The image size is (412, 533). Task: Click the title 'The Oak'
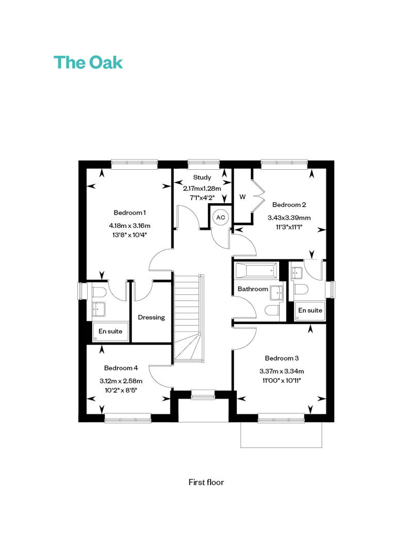pos(88,63)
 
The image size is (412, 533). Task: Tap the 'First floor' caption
pos(206,482)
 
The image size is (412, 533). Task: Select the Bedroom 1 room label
pos(130,212)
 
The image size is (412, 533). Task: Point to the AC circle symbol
pos(220,217)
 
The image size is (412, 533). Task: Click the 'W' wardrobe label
pos(243,197)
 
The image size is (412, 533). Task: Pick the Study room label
pos(202,177)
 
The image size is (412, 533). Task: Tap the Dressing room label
pos(151,317)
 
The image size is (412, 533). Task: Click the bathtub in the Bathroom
pos(256,271)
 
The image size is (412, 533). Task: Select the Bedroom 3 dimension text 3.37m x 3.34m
pos(282,371)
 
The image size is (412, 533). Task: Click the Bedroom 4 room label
pos(121,368)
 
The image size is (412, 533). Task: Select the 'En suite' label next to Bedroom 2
pos(310,310)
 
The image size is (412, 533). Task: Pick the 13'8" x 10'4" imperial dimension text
pos(130,235)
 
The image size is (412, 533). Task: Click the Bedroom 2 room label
pos(289,205)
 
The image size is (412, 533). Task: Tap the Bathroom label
pos(253,289)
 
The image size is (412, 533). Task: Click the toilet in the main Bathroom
pos(272,311)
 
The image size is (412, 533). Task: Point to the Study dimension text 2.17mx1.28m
pos(202,188)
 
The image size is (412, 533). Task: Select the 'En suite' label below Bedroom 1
pos(110,331)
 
